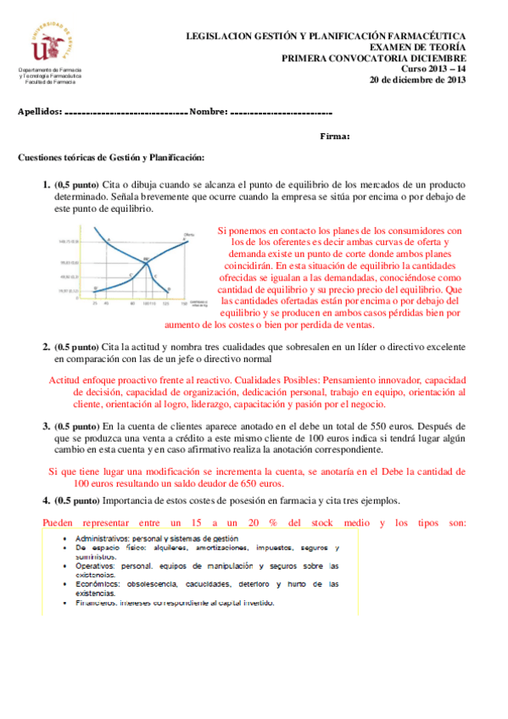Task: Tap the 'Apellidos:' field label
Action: tap(40, 111)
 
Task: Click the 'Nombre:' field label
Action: tap(209, 111)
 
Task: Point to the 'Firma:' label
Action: tap(335, 137)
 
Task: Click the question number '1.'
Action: tap(47, 184)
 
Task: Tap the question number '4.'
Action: tap(47, 500)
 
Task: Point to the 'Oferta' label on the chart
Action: tap(188, 235)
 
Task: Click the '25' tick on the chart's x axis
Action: tap(95, 302)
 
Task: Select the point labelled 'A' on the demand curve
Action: tap(108, 241)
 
